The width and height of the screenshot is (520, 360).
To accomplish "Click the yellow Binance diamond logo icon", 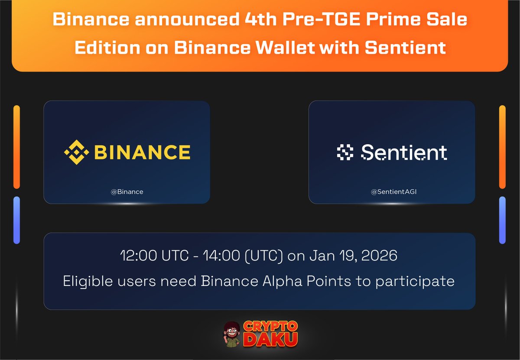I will [77, 152].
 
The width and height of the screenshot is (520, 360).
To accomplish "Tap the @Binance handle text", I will [127, 191].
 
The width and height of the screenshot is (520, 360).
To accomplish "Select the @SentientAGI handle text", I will [391, 191].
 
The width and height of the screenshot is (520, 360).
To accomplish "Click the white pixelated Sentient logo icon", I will [345, 152].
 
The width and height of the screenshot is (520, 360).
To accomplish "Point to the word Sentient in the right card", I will [404, 152].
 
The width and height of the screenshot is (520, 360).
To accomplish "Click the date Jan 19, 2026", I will [353, 256].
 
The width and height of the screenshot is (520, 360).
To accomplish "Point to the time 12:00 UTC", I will [154, 256].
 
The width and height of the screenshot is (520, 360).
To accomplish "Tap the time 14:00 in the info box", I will [225, 256].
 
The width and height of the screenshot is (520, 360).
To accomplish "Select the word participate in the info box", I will [415, 282].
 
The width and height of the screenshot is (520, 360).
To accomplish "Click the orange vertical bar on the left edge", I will [16, 147].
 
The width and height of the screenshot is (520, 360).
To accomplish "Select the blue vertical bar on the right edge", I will [502, 220].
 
